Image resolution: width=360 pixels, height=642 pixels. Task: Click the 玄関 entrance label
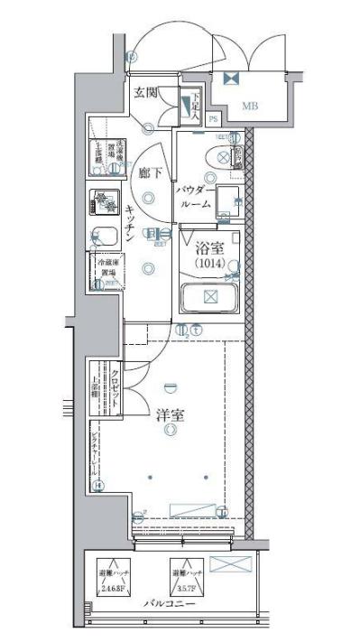point(146,93)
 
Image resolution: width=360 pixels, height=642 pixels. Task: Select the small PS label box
point(213,118)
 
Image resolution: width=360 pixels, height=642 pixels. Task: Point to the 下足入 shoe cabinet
point(191,107)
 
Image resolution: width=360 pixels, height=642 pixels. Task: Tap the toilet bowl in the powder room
point(217,156)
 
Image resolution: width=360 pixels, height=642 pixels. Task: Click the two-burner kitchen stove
point(105,203)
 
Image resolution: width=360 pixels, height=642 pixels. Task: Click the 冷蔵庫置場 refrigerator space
point(105,271)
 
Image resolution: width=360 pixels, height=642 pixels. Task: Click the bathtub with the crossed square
point(209,296)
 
